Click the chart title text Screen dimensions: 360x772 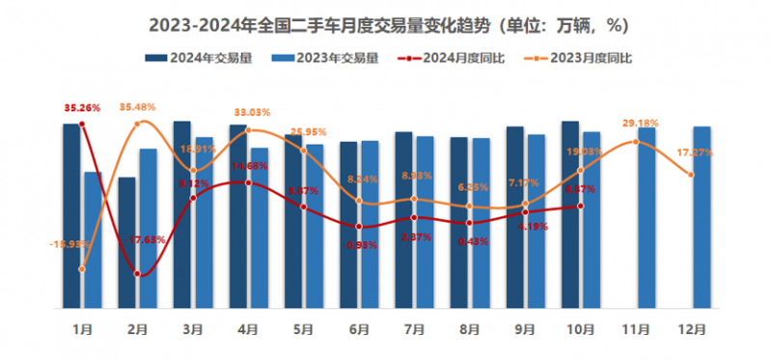[386, 21]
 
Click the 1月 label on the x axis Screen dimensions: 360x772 [82, 329]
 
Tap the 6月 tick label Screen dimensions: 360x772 [358, 329]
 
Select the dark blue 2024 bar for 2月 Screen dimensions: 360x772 [126, 242]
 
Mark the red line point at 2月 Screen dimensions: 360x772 [138, 275]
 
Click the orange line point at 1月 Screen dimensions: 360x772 [82, 269]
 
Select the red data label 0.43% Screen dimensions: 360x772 [468, 240]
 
